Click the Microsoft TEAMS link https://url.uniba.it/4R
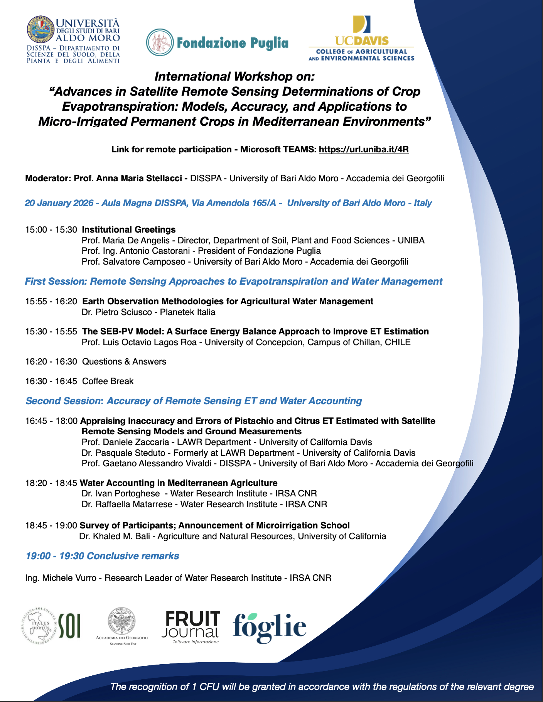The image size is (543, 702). click(x=363, y=150)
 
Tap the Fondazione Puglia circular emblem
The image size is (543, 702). click(x=160, y=42)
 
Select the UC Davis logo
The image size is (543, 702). click(x=361, y=38)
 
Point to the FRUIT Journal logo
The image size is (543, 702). click(x=192, y=627)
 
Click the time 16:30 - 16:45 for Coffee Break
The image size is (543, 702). click(x=51, y=381)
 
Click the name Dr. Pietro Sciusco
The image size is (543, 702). click(x=116, y=312)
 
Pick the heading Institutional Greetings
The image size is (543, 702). click(x=129, y=230)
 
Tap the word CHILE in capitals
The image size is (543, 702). click(x=398, y=343)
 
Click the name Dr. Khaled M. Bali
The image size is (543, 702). click(x=114, y=537)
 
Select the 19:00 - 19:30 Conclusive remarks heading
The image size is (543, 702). click(x=102, y=556)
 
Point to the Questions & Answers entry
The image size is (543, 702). click(x=124, y=362)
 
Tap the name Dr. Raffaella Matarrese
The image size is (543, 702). click(x=127, y=505)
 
